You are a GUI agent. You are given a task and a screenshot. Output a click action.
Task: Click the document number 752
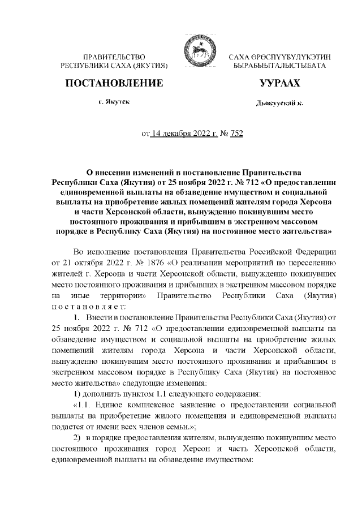235,134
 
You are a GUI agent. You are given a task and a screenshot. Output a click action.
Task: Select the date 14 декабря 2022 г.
182,134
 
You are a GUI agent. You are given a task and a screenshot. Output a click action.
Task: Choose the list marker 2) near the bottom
79,439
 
